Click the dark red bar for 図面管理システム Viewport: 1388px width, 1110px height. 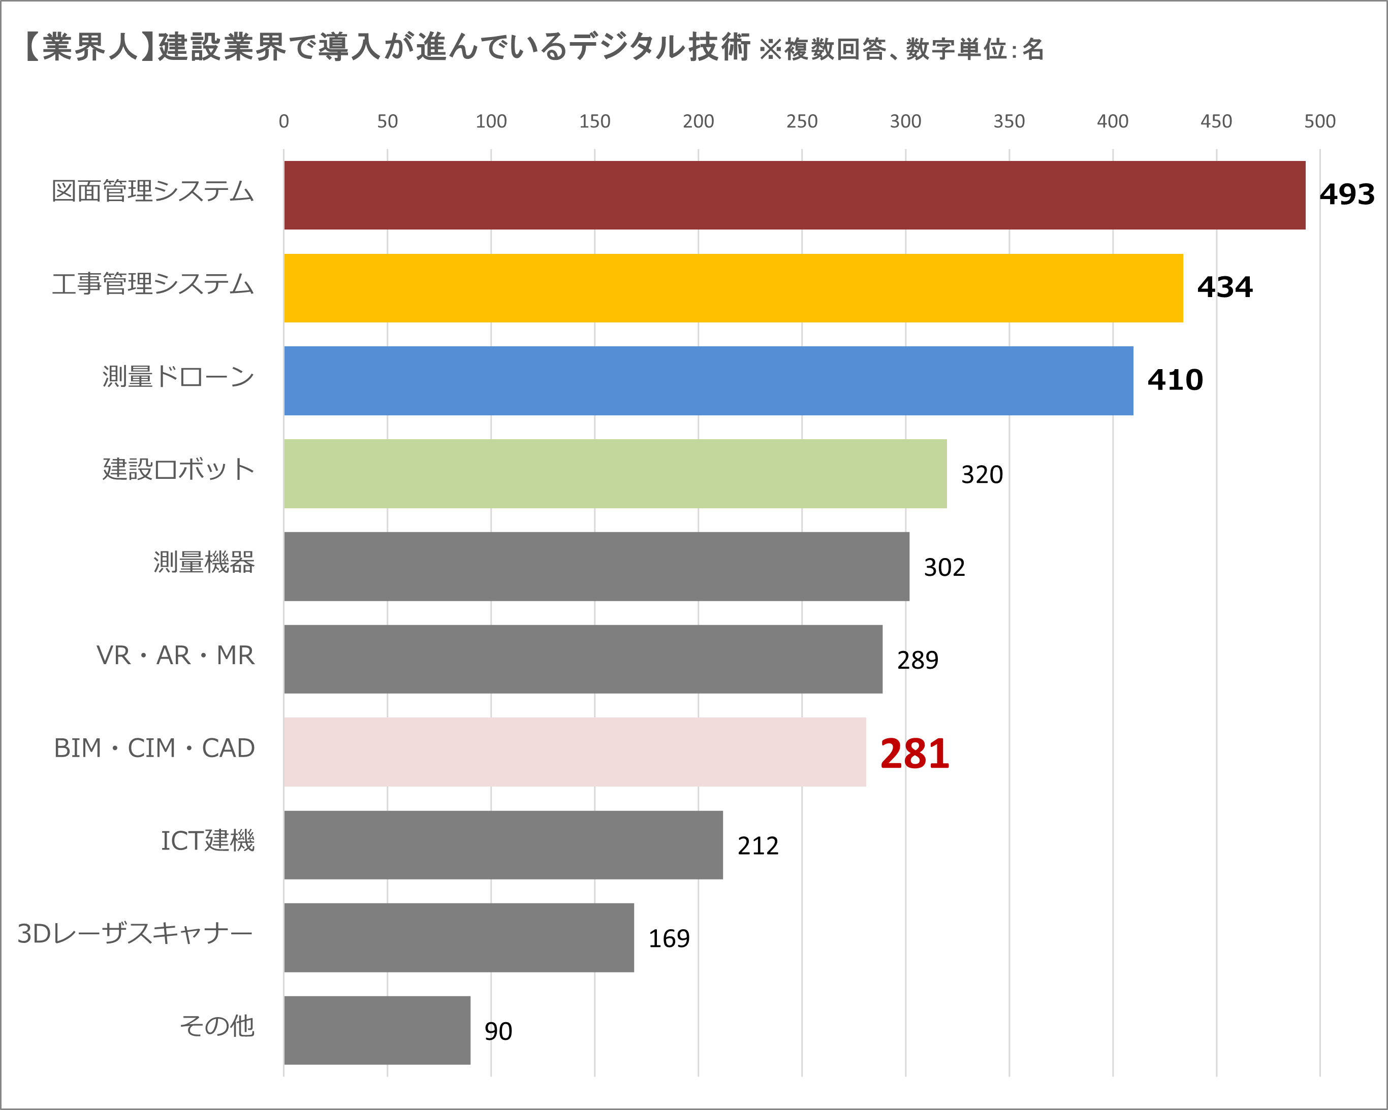(x=795, y=195)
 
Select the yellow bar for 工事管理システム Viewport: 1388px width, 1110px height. (x=733, y=287)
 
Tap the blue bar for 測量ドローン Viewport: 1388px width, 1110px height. (x=708, y=380)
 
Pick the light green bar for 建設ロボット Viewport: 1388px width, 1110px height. (x=615, y=474)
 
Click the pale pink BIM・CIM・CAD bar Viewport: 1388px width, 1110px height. (x=574, y=752)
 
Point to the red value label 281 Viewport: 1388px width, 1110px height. (x=914, y=754)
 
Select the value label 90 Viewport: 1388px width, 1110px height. (x=498, y=1031)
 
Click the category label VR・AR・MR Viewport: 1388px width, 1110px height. (x=175, y=656)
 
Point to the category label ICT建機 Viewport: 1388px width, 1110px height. (x=207, y=840)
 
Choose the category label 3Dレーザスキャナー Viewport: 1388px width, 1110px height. (x=135, y=934)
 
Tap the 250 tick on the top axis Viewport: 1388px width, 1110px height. (x=802, y=121)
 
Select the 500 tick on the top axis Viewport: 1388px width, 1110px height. (x=1319, y=121)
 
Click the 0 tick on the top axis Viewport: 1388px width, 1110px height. (x=284, y=121)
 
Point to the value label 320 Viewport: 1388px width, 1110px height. (x=982, y=475)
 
